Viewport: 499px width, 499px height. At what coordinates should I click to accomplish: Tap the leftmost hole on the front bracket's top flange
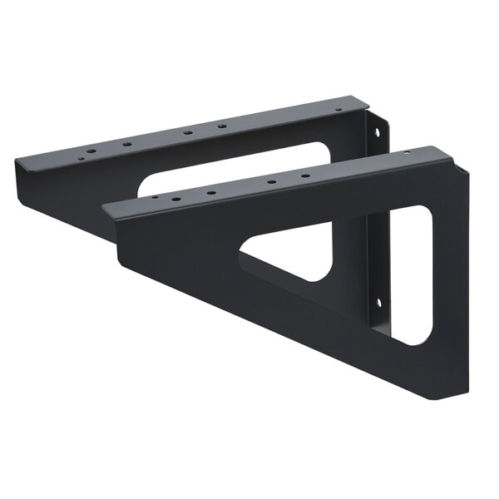click(x=155, y=198)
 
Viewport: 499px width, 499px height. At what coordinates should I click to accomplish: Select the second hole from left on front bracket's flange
click(x=176, y=200)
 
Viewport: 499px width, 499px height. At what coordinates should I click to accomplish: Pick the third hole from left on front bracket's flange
click(x=211, y=193)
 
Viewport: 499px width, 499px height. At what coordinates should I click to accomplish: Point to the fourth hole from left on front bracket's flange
click(x=271, y=181)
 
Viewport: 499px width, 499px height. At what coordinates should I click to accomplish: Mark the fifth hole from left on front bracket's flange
click(x=305, y=175)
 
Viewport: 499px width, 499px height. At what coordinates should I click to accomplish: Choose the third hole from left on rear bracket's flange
click(x=126, y=144)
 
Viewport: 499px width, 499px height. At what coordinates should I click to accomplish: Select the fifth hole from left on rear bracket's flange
click(x=221, y=126)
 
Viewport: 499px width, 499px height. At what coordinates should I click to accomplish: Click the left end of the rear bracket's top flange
click(x=18, y=166)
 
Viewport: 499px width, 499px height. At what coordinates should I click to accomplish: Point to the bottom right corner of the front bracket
click(x=462, y=391)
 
